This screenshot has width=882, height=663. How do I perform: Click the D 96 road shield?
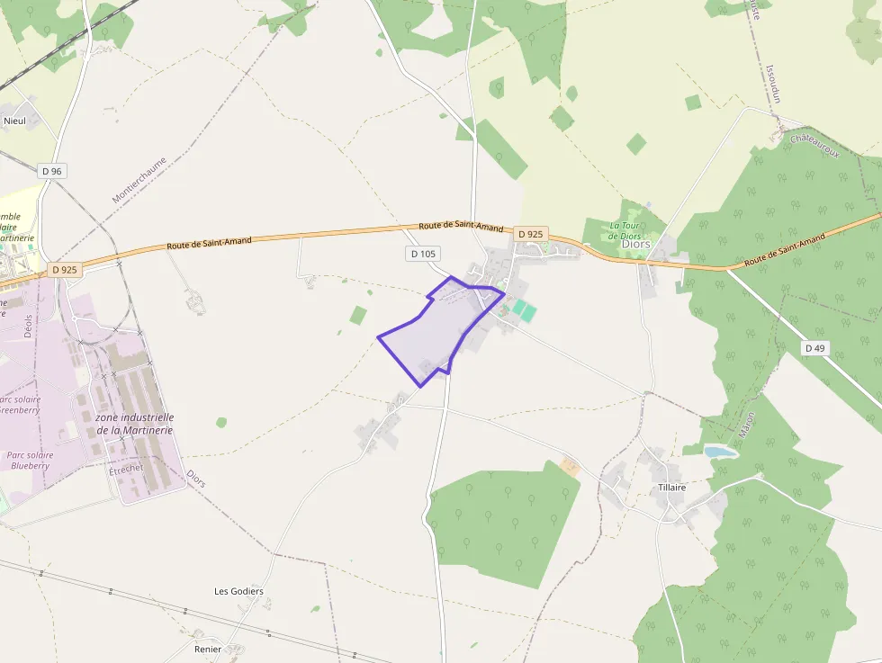pos(53,171)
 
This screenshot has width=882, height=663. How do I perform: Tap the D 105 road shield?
pos(423,254)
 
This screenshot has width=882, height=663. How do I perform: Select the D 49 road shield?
pos(815,348)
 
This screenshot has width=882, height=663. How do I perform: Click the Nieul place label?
pos(15,121)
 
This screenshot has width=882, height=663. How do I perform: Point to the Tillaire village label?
pos(671,487)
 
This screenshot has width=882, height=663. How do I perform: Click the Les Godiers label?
pos(238,591)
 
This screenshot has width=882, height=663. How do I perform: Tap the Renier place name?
pos(207,648)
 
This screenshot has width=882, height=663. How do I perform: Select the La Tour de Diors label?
pos(625,230)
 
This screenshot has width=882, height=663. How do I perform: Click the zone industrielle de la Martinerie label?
pos(135,424)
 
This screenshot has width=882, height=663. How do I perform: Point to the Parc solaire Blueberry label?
pos(30,460)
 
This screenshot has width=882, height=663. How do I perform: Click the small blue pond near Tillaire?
pos(720,452)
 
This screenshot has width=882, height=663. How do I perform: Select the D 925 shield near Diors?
pos(531,234)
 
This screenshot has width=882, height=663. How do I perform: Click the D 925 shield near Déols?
pos(66,269)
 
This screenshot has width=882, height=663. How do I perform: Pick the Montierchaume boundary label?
pos(139,180)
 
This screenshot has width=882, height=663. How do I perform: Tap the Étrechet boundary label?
pos(126,470)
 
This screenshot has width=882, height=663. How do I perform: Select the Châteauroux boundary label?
pos(814,144)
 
